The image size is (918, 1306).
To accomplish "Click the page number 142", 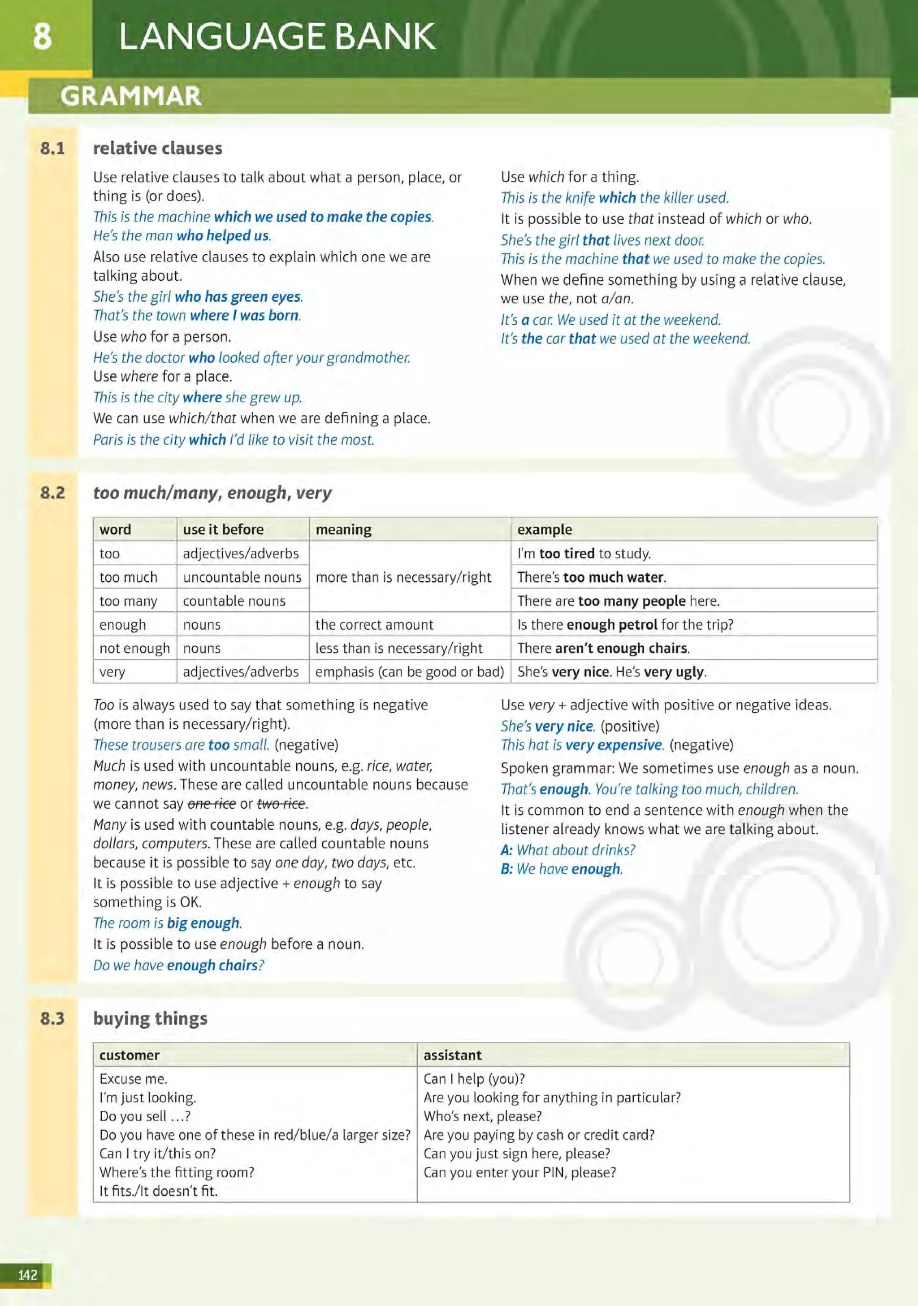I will click(27, 1275).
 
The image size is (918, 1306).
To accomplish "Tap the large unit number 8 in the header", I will click(42, 37).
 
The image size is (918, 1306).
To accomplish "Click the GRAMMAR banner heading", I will click(131, 96).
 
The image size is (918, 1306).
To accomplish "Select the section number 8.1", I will click(52, 148).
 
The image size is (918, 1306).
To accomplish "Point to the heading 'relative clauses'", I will click(157, 148).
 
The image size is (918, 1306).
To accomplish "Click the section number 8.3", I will click(52, 1018).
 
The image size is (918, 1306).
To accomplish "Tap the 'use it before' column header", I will click(223, 530).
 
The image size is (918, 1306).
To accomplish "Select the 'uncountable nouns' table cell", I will click(242, 577).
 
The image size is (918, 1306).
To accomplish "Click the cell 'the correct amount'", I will click(374, 625).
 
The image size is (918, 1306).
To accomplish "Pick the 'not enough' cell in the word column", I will click(134, 649).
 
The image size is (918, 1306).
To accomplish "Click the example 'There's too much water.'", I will click(591, 577).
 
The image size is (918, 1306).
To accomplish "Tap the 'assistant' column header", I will click(452, 1055).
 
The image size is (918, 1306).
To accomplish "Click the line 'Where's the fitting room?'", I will click(176, 1172).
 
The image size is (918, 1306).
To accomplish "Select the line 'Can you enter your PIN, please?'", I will click(519, 1172).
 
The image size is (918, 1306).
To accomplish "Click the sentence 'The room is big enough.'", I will click(167, 923).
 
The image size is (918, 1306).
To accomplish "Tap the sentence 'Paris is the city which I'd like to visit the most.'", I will click(233, 440).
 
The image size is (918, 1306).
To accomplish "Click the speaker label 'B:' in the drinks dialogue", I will click(507, 869).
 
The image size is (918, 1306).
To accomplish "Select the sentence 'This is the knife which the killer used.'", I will click(614, 198).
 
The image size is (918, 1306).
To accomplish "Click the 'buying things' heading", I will click(150, 1018).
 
